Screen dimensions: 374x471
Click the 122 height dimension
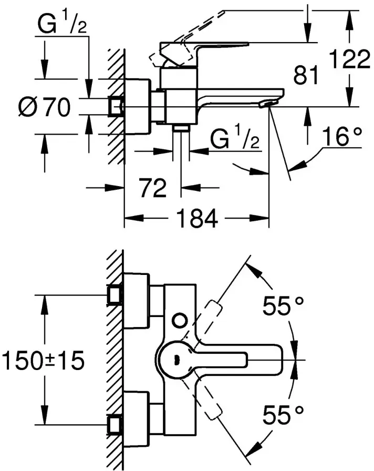[349, 59]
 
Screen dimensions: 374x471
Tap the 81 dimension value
[306, 75]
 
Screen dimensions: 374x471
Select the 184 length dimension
[197, 219]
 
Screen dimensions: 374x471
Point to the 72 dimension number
[153, 188]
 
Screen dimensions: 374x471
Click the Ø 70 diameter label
[44, 107]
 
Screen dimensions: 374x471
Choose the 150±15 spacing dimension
[43, 361]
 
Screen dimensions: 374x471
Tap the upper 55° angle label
[283, 305]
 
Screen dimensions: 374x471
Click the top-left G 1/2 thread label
[62, 24]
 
